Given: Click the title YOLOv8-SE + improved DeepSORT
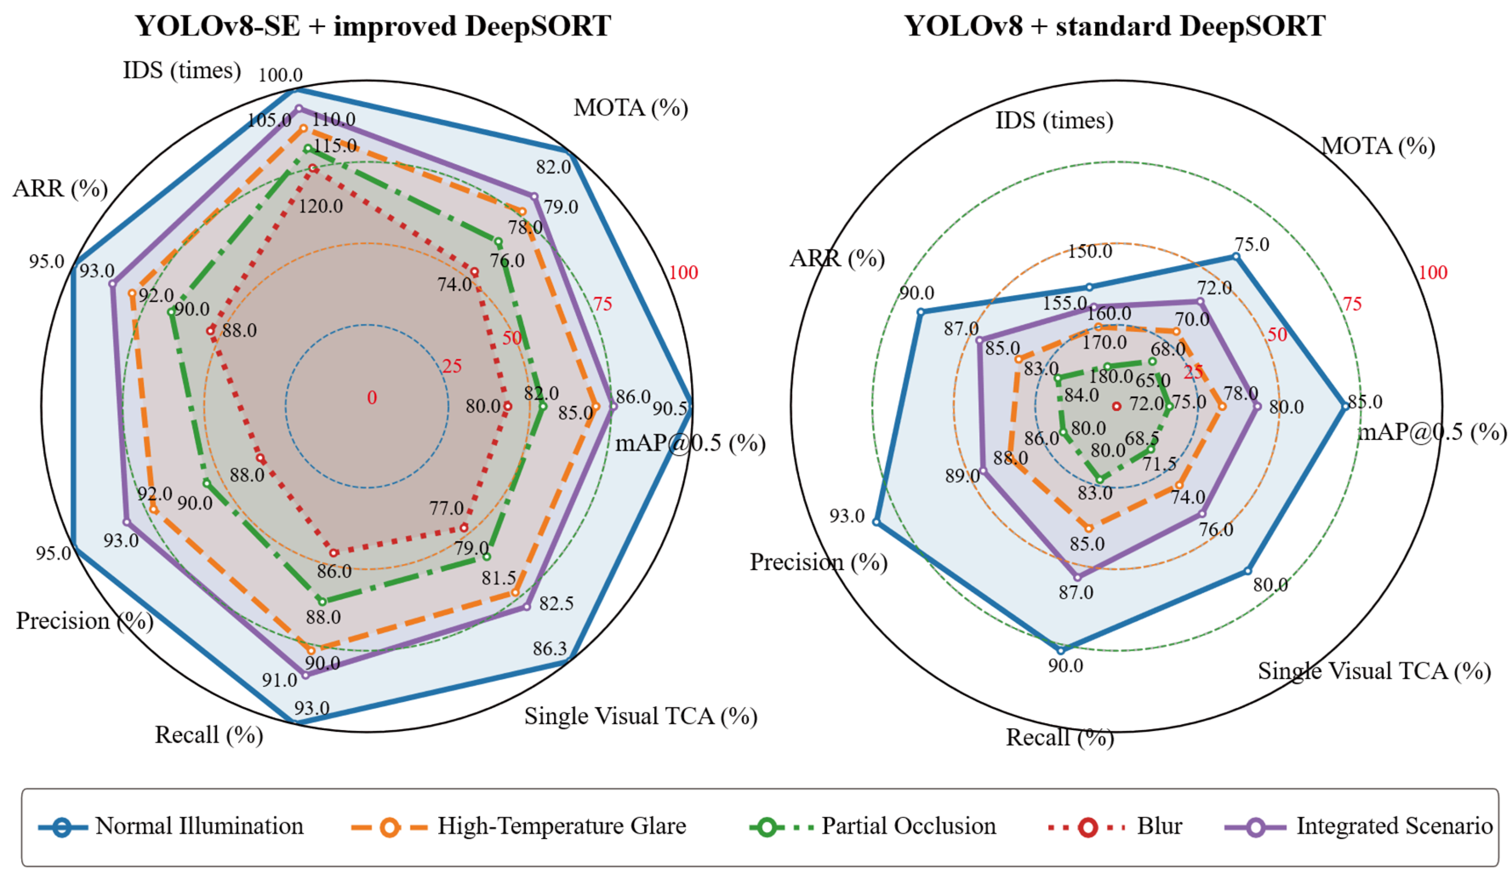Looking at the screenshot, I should pyautogui.click(x=373, y=26).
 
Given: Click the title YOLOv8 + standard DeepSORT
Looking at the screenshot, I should pyautogui.click(x=1115, y=26).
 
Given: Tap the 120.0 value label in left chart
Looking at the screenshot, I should pyautogui.click(x=321, y=206).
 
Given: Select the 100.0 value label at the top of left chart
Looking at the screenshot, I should pyautogui.click(x=280, y=75).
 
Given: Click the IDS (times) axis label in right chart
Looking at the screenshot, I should pyautogui.click(x=1054, y=121).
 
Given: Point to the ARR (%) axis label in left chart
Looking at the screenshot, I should pyautogui.click(x=60, y=189).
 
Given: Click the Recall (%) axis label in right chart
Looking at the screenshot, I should pyautogui.click(x=1059, y=737).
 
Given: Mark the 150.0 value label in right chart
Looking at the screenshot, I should pyautogui.click(x=1090, y=251).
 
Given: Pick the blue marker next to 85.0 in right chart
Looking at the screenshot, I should pyautogui.click(x=1345, y=406).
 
